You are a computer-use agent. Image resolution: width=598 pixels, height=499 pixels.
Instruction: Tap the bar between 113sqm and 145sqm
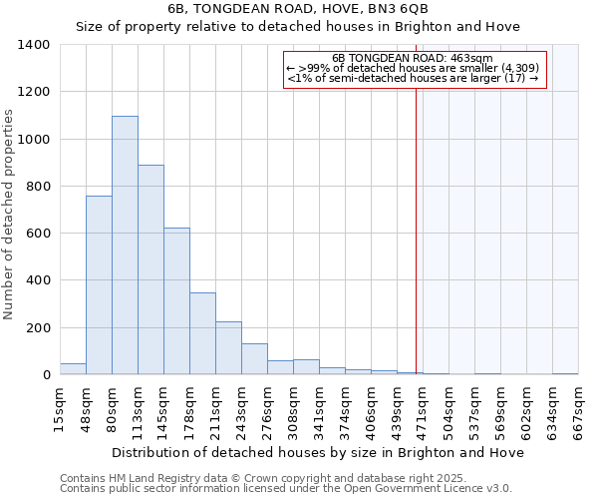[x=150, y=269]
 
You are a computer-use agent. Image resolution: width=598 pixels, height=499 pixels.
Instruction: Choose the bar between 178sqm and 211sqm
[x=202, y=333]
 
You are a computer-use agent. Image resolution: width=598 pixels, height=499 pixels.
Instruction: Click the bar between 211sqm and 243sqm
[x=228, y=348]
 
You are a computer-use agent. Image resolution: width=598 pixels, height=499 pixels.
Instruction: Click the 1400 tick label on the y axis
[x=34, y=45]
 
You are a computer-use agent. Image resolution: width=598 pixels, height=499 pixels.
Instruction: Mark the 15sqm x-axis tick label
[x=60, y=409]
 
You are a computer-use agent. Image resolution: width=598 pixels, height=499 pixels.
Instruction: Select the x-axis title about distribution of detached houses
[x=317, y=452]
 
